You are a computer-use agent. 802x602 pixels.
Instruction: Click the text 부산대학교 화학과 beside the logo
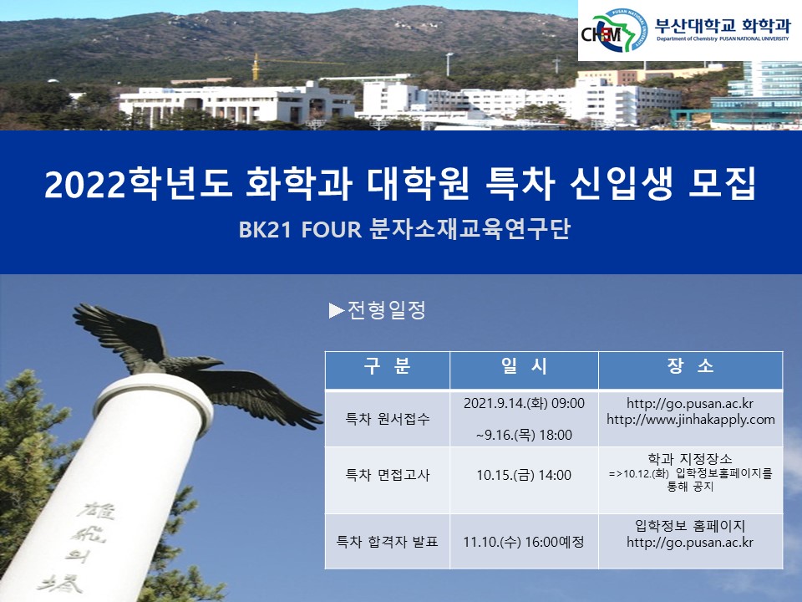click(x=722, y=24)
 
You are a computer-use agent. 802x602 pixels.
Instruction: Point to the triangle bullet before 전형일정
click(x=337, y=311)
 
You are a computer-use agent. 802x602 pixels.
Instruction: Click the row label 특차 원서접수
click(x=388, y=419)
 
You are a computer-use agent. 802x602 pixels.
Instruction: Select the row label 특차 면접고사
click(x=388, y=475)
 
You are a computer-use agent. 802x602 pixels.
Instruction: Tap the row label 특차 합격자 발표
click(x=388, y=541)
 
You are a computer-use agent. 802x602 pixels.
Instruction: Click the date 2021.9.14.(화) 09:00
click(x=524, y=403)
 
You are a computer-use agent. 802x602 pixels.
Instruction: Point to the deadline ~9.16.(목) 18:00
click(x=524, y=435)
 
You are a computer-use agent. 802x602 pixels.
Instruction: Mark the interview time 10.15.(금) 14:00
click(x=524, y=475)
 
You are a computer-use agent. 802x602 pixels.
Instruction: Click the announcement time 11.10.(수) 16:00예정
click(x=524, y=541)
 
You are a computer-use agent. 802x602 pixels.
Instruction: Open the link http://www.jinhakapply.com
click(x=690, y=420)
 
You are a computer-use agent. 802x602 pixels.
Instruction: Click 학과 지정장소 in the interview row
click(x=690, y=459)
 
